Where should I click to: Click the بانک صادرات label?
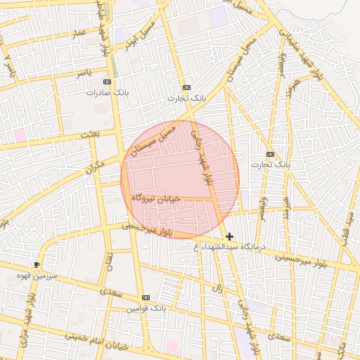(x=105, y=92)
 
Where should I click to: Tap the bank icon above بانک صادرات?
(x=107, y=82)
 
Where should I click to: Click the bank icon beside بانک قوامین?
(x=146, y=297)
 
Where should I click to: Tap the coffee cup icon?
(x=37, y=264)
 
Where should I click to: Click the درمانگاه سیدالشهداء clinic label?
(x=231, y=247)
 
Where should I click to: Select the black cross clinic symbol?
(x=229, y=236)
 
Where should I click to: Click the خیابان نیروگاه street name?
(x=156, y=199)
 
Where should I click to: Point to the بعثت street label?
(x=91, y=134)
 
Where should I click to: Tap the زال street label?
(x=218, y=288)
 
